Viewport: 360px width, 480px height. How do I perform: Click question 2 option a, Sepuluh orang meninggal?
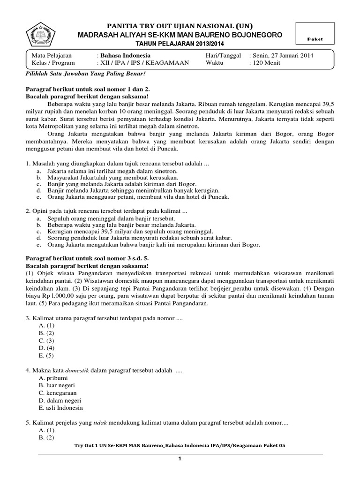click(111, 219)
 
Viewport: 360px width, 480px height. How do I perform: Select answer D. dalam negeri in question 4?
click(60, 401)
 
